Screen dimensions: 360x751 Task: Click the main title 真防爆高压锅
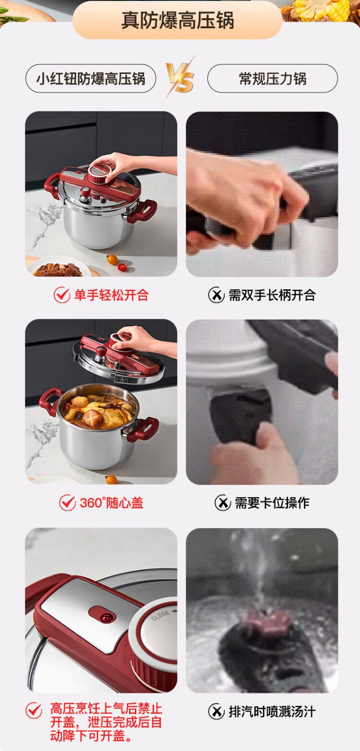tap(178, 20)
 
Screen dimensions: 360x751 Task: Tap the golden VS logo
tap(180, 78)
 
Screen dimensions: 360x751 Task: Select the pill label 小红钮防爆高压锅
tap(91, 79)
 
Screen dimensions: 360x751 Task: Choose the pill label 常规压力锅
tap(273, 79)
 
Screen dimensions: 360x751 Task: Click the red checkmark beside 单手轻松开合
tap(62, 295)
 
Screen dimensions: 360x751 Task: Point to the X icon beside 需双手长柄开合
tap(216, 295)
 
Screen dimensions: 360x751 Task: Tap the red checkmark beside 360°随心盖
tap(67, 502)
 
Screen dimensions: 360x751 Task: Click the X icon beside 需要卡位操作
tap(223, 502)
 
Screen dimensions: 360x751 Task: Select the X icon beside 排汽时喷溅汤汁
tap(216, 712)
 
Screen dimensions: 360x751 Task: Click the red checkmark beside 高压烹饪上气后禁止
tap(34, 710)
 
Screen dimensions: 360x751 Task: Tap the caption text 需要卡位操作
tap(272, 503)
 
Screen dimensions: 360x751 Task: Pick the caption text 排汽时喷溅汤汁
tap(272, 712)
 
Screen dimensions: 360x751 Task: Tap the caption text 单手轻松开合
tap(111, 296)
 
